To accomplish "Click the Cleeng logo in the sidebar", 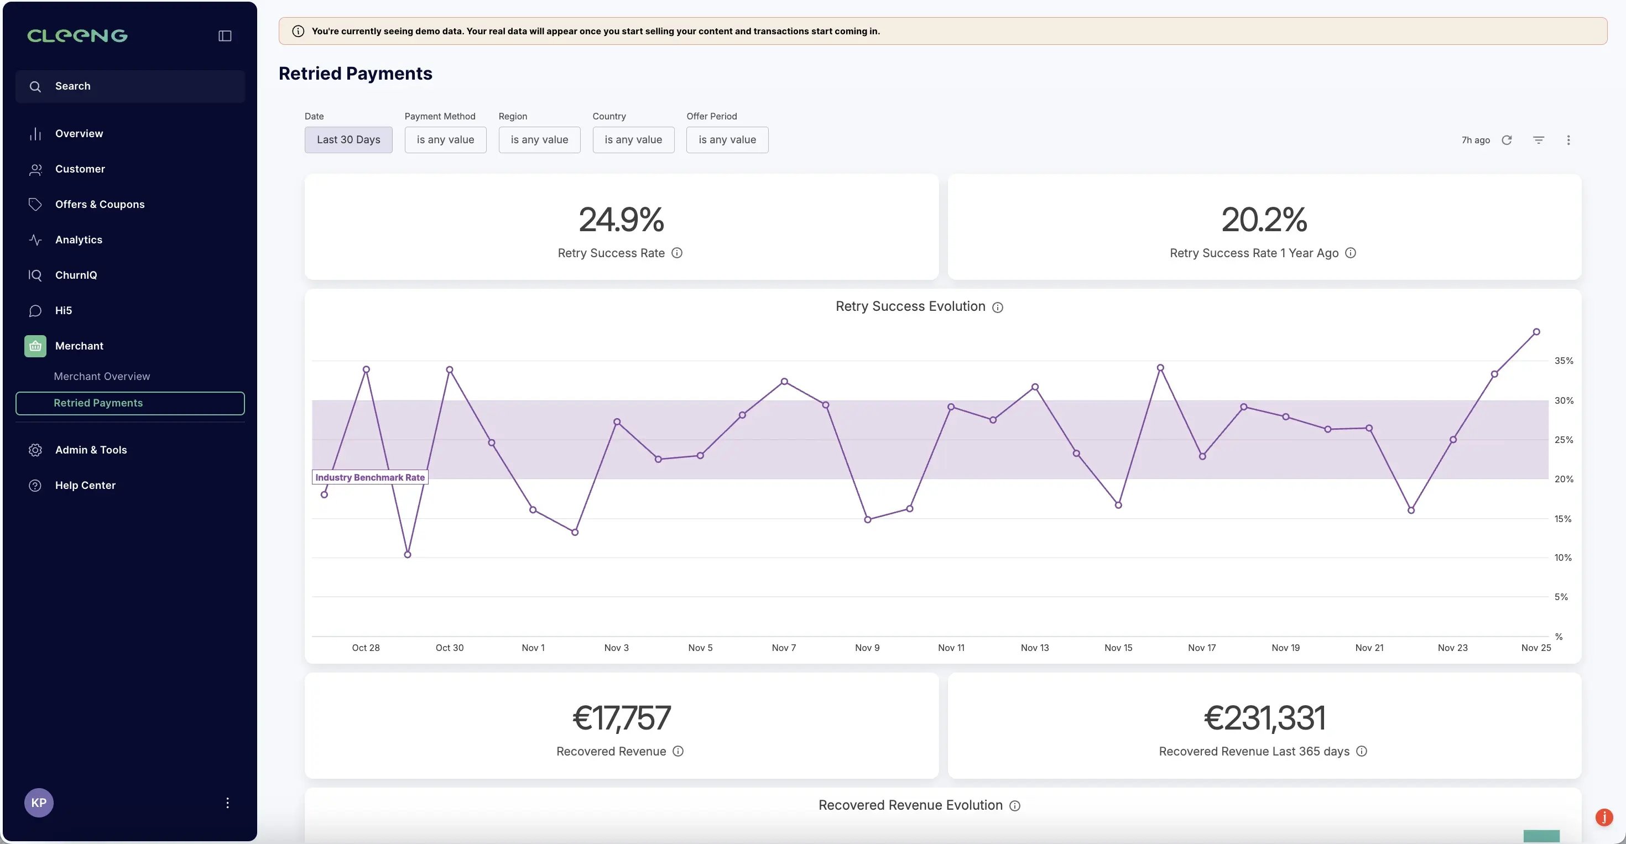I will (77, 36).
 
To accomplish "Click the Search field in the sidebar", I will (130, 86).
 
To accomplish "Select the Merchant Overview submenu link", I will (102, 376).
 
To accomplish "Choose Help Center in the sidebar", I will (85, 486).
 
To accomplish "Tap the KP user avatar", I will (39, 803).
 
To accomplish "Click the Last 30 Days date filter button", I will (348, 140).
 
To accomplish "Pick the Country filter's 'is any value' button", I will (633, 140).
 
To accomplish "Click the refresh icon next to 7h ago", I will (1507, 140).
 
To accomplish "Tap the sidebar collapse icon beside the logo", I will (225, 36).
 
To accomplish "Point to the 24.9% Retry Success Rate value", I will (621, 220).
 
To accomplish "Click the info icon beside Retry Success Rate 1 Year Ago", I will (1350, 253).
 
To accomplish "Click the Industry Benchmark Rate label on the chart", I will (370, 477).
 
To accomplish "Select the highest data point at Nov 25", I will (1536, 332).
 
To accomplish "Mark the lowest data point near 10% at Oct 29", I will (408, 555).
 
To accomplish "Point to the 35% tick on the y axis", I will (1564, 361).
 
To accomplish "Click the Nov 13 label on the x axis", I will (1035, 648).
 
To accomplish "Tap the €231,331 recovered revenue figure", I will (1264, 718).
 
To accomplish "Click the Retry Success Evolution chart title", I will (910, 307).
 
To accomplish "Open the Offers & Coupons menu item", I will (100, 205).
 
